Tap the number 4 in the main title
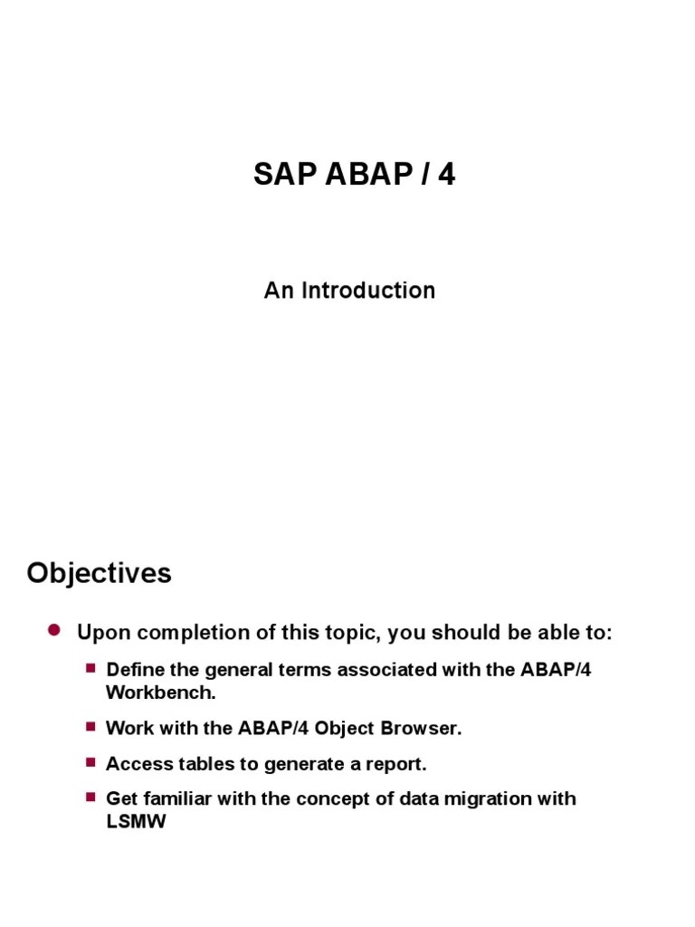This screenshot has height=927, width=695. click(x=446, y=174)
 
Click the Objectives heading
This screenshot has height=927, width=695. click(x=99, y=573)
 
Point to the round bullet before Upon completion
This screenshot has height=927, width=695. click(x=53, y=630)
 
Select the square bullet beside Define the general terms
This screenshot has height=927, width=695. click(x=90, y=668)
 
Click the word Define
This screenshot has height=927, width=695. click(x=131, y=670)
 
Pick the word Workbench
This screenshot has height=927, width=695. click(x=161, y=693)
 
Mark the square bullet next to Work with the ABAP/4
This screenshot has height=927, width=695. click(x=90, y=726)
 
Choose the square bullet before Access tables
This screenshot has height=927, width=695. click(x=90, y=762)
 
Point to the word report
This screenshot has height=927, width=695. click(x=396, y=765)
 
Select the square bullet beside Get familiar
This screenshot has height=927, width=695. click(x=90, y=797)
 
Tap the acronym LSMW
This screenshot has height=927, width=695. click(x=136, y=823)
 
